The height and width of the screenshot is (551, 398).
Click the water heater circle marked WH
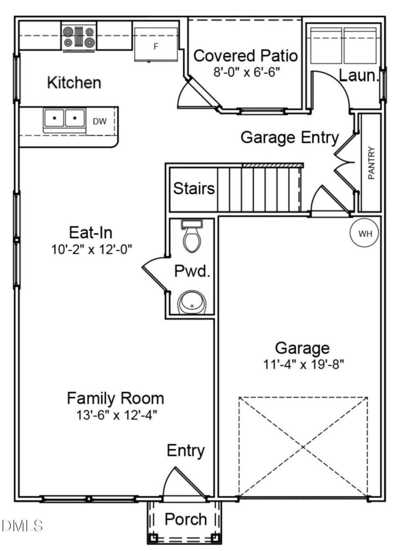tap(365, 233)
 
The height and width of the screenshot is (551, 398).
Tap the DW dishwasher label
tap(99, 121)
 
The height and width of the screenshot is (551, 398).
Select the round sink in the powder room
tap(192, 303)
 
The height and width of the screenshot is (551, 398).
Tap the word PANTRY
tap(372, 163)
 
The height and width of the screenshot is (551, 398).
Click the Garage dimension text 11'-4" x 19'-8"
tap(303, 364)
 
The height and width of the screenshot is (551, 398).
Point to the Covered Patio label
tap(246, 56)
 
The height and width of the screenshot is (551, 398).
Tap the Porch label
tap(186, 519)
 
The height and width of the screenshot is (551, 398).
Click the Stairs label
tap(194, 189)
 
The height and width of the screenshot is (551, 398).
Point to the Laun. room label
tap(359, 76)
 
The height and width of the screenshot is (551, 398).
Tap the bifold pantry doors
tap(345, 162)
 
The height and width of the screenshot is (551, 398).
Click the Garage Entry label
tap(289, 137)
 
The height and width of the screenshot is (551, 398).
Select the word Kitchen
tap(74, 83)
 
